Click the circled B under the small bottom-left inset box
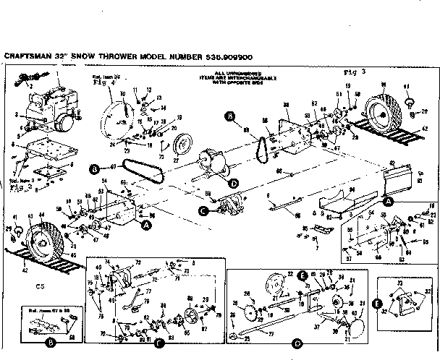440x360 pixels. pos(51,340)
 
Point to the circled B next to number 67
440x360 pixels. pos(94,169)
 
